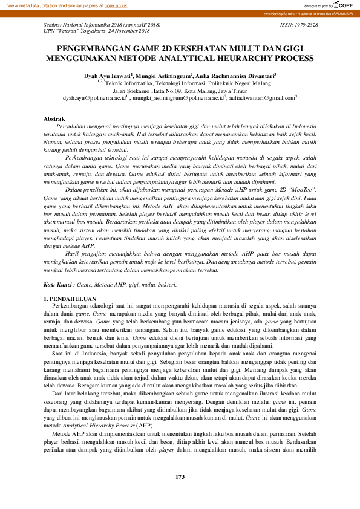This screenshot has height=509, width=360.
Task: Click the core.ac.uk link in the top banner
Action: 117,5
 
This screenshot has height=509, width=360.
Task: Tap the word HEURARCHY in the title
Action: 243,59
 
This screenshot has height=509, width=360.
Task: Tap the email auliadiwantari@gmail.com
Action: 260,97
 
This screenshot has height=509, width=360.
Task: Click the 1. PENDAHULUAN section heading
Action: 71,299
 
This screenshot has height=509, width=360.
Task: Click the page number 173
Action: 180,494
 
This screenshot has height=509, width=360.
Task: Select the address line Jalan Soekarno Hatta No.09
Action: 180,89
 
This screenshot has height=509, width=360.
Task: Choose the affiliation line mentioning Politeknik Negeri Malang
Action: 180,82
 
